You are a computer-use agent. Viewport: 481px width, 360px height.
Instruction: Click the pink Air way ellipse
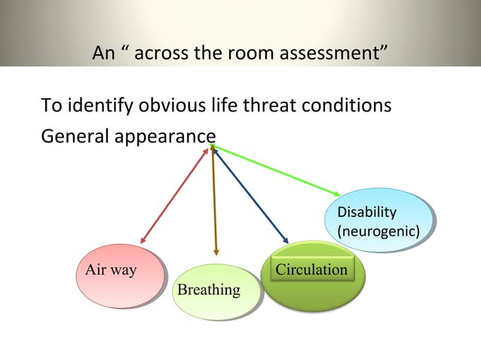(118, 276)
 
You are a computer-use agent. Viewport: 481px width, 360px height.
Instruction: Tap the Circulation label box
(311, 270)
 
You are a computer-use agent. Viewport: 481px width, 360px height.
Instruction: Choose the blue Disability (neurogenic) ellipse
(379, 220)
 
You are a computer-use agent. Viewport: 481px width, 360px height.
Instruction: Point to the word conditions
(349, 105)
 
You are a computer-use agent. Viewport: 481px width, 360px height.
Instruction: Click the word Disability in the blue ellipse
(366, 212)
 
